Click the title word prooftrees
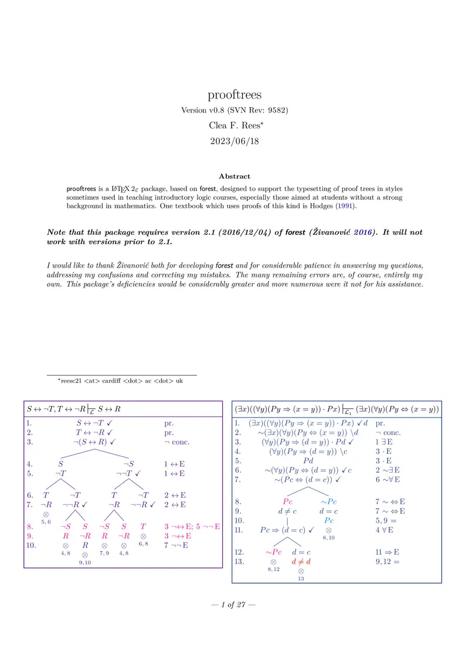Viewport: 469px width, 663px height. click(235, 95)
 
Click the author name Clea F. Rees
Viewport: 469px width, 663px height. click(235, 125)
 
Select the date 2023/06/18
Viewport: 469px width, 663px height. click(235, 141)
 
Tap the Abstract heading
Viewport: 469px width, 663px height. click(235, 176)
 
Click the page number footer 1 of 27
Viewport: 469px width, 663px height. click(235, 605)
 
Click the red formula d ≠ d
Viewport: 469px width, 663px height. click(301, 561)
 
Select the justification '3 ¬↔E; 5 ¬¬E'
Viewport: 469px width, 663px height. click(192, 527)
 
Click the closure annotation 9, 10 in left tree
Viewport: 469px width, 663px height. click(85, 562)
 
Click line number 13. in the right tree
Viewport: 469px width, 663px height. click(239, 561)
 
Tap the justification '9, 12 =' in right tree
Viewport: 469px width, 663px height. click(388, 561)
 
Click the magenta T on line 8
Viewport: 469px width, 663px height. click(143, 527)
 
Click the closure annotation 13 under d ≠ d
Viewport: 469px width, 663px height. click(301, 578)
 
